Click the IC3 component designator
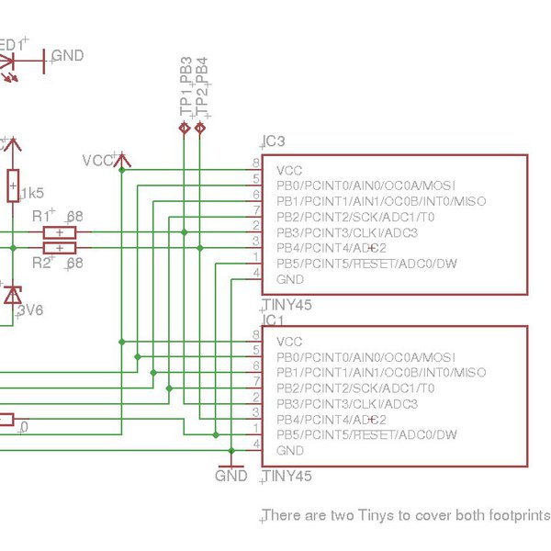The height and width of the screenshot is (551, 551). pyautogui.click(x=275, y=141)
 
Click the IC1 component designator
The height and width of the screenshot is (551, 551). pyautogui.click(x=275, y=320)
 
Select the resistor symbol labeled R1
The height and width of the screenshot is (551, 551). pyautogui.click(x=60, y=232)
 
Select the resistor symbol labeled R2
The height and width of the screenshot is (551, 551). pyautogui.click(x=60, y=248)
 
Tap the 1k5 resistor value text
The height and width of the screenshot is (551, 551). pyautogui.click(x=32, y=193)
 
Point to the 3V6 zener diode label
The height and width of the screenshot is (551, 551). pyautogui.click(x=31, y=310)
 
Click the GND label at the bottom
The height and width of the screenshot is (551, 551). pyautogui.click(x=231, y=476)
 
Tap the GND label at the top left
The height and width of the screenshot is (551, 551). pyautogui.click(x=68, y=56)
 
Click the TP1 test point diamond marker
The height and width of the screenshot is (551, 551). pyautogui.click(x=185, y=129)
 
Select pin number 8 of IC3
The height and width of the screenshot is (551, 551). pyautogui.click(x=255, y=163)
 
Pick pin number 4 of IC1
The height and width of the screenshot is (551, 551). pyautogui.click(x=255, y=444)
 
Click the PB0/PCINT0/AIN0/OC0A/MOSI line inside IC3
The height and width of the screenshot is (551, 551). pyautogui.click(x=365, y=186)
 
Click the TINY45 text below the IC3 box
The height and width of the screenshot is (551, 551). pyautogui.click(x=287, y=304)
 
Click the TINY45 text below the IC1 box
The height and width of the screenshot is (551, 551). pyautogui.click(x=287, y=477)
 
